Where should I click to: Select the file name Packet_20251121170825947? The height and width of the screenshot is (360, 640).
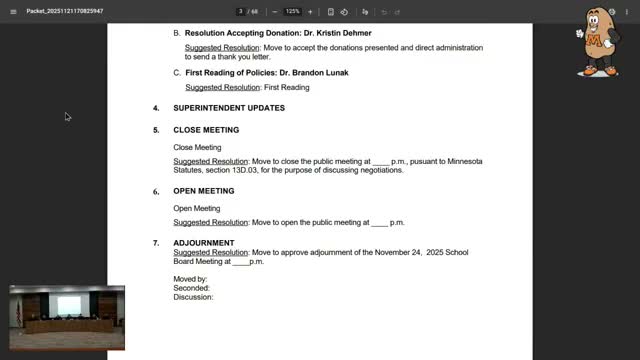click(x=65, y=11)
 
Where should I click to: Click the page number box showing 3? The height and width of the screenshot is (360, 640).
click(x=241, y=11)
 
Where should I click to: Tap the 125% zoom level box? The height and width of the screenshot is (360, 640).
click(x=292, y=11)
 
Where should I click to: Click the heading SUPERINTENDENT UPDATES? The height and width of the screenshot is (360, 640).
click(x=228, y=108)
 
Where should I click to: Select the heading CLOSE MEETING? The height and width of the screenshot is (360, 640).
click(x=206, y=130)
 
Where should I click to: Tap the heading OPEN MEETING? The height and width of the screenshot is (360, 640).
click(x=204, y=191)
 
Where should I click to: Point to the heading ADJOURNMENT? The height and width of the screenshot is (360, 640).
click(x=204, y=242)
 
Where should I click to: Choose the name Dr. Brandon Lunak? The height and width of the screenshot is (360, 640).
click(x=309, y=73)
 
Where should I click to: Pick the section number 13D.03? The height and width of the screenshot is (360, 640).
click(x=262, y=170)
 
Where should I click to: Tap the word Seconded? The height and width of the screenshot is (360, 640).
click(x=191, y=288)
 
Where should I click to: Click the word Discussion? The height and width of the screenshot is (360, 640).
click(x=193, y=297)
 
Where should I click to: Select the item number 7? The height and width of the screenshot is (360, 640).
click(x=155, y=242)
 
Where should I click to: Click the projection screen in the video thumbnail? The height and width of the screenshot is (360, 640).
click(x=68, y=303)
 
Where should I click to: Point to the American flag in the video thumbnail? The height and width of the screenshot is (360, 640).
click(x=17, y=313)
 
